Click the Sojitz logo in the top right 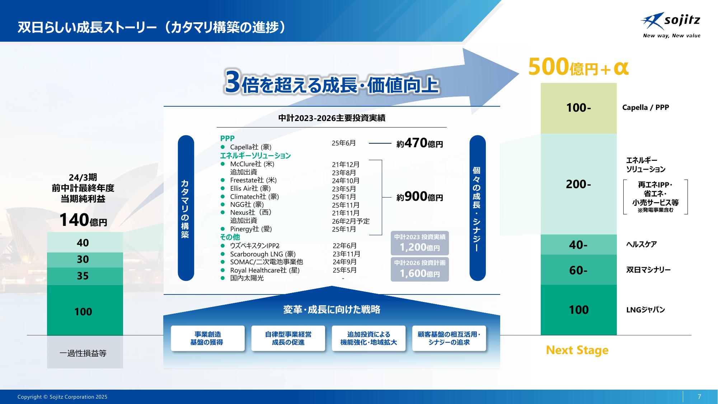(670, 25)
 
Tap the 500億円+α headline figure (578, 67)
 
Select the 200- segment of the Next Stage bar (578, 184)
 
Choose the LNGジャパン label (646, 310)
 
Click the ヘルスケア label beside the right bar (641, 244)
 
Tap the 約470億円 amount (419, 143)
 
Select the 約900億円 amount (419, 197)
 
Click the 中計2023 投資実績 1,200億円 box (419, 243)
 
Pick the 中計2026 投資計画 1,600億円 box (419, 269)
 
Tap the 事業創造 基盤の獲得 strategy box (208, 338)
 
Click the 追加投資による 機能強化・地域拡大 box (369, 338)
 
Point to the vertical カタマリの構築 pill (186, 208)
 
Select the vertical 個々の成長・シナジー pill (478, 208)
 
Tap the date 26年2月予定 (351, 221)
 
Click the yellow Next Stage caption (577, 350)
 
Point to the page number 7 (699, 396)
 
